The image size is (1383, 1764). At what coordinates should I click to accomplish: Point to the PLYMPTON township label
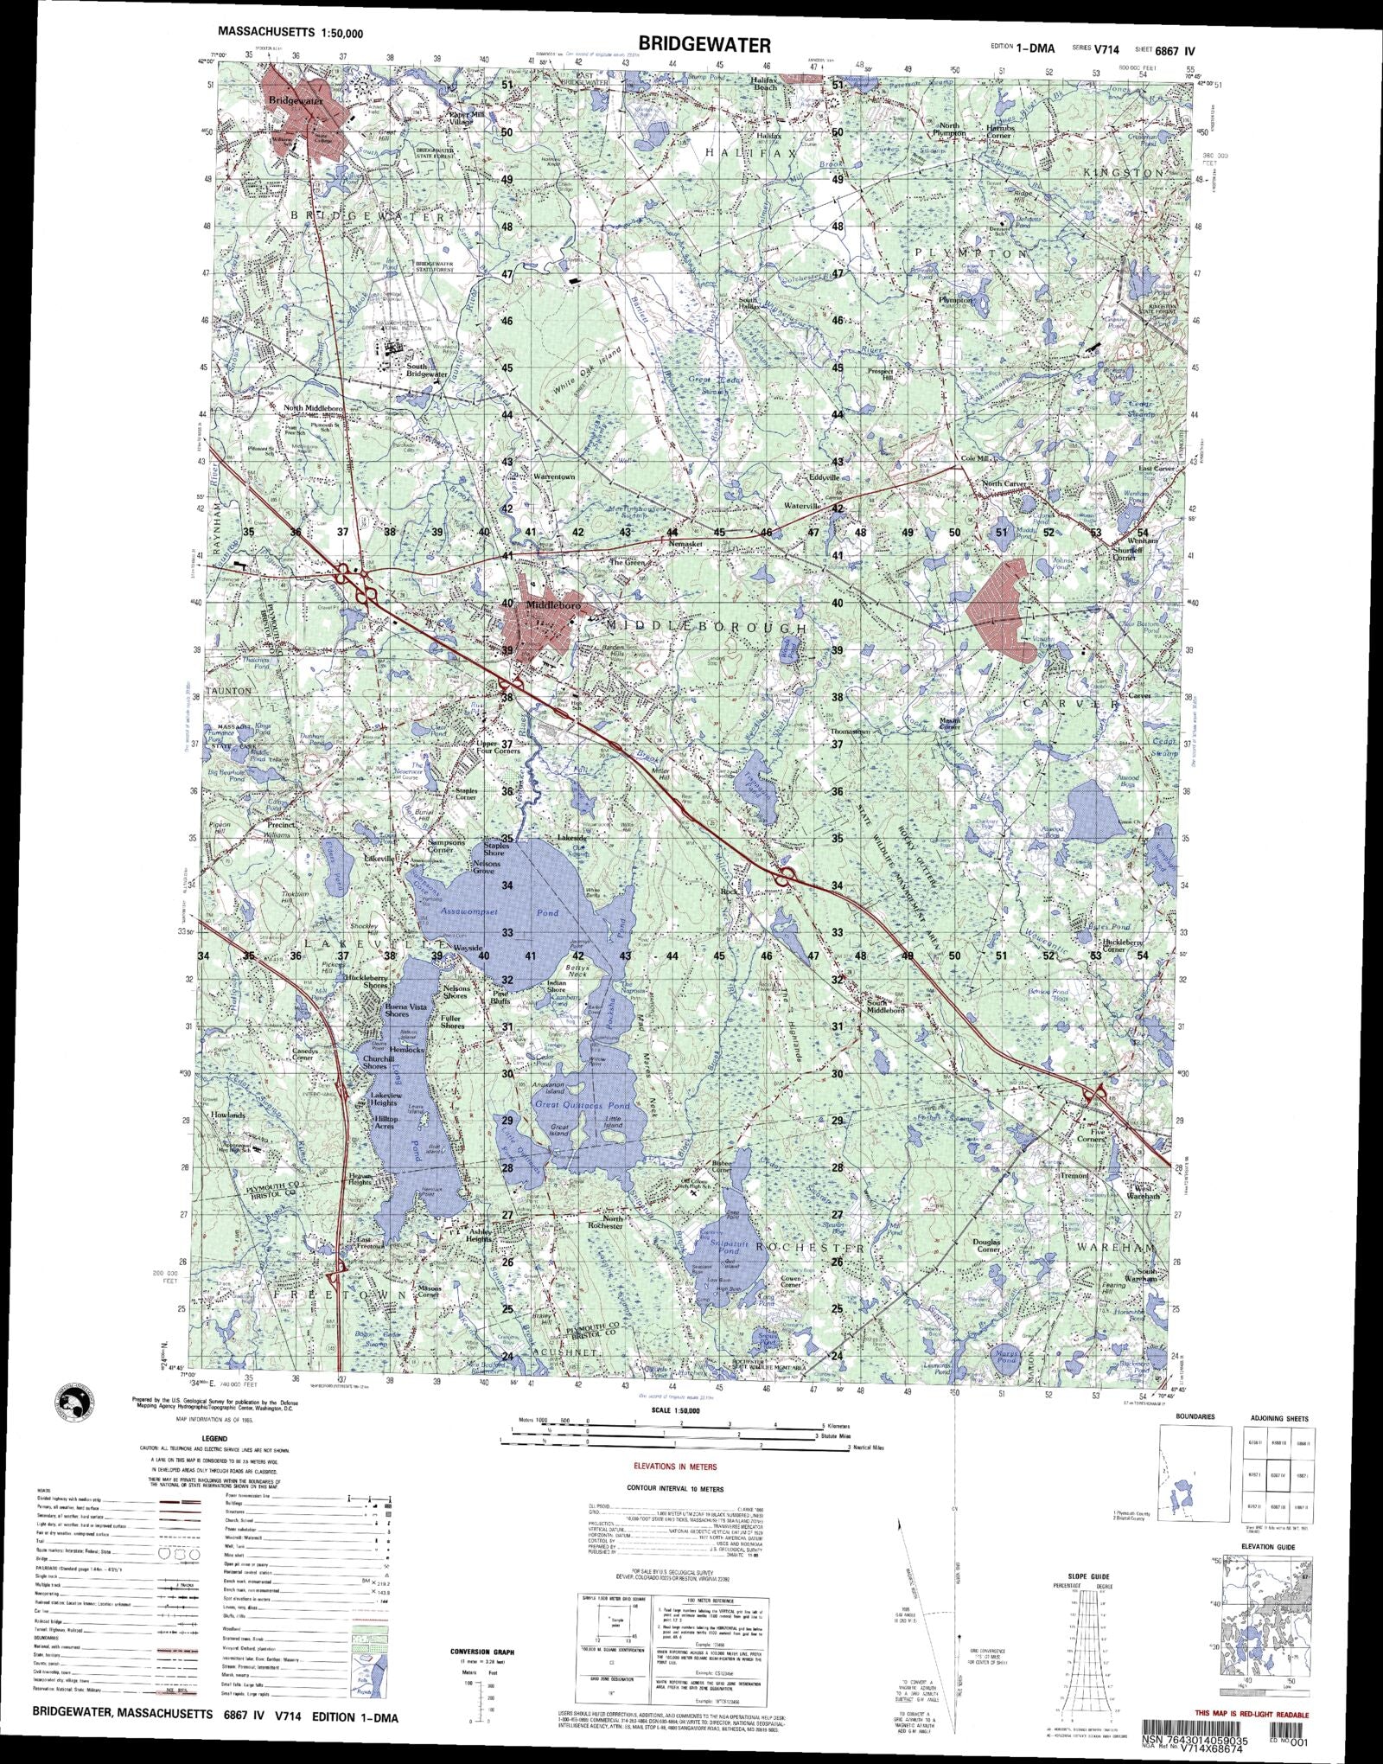pyautogui.click(x=972, y=253)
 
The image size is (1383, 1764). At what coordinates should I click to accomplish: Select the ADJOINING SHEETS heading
pyautogui.click(x=1278, y=1418)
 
